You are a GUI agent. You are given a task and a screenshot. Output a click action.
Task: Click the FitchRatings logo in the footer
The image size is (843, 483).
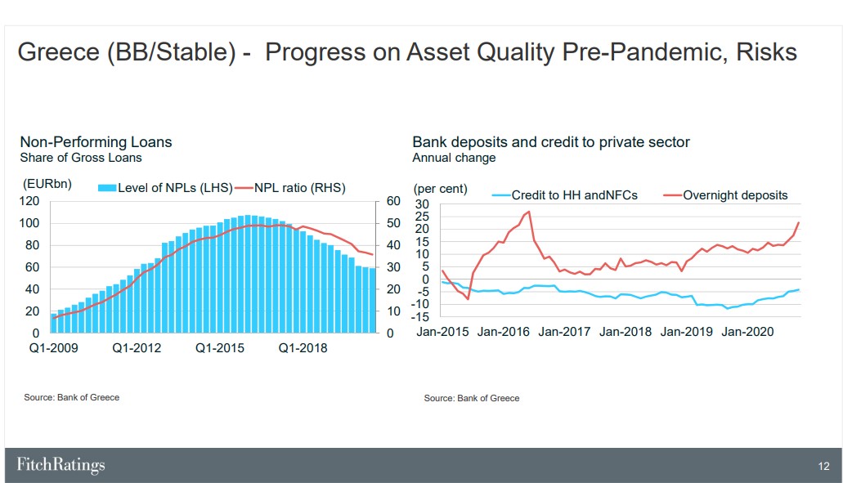click(x=61, y=465)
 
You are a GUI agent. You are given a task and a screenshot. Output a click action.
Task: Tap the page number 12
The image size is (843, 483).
click(x=823, y=467)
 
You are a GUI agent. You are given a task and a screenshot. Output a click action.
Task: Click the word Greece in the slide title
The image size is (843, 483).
click(x=59, y=52)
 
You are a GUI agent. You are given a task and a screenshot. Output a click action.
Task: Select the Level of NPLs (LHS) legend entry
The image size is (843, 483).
click(x=165, y=188)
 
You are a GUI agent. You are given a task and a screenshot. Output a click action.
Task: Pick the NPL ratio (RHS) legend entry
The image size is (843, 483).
click(x=289, y=188)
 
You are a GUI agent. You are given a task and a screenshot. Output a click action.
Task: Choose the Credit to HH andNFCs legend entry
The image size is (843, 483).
click(x=564, y=195)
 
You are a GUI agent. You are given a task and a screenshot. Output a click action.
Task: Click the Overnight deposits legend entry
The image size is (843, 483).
click(x=725, y=195)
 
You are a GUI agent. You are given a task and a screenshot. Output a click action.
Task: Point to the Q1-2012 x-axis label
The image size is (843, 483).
click(x=137, y=348)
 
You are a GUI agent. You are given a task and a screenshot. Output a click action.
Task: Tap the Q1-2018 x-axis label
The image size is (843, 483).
click(x=303, y=348)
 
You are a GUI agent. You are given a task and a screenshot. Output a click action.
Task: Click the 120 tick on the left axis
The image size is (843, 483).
click(x=29, y=201)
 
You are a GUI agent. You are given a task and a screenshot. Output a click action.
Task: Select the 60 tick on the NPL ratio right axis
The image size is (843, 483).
click(x=393, y=201)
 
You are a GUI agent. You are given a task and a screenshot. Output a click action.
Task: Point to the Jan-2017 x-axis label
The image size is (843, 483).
click(x=564, y=332)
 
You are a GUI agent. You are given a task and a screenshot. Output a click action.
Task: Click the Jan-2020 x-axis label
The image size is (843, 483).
click(x=747, y=332)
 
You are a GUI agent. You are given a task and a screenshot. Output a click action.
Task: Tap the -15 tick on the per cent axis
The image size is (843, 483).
click(x=420, y=317)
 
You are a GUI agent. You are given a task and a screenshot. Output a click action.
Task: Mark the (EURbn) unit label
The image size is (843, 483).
click(x=47, y=184)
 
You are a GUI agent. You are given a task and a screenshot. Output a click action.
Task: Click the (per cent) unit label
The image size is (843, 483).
click(x=441, y=189)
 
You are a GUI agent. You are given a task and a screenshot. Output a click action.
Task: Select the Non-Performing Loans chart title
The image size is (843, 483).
click(x=96, y=142)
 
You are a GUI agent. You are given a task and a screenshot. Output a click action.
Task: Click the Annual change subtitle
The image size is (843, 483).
click(x=454, y=158)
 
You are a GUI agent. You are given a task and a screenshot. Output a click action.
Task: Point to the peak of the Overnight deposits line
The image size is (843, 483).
click(x=529, y=212)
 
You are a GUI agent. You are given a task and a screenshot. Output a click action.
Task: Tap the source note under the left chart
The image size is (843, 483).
click(x=71, y=397)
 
